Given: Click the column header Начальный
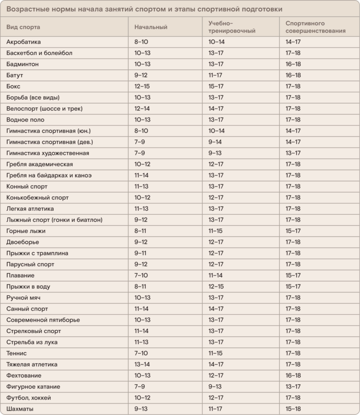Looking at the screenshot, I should click(151, 27).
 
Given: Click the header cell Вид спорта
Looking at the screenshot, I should click(23, 27).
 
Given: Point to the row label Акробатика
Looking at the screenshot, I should click(24, 42).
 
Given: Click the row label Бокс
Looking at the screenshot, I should click(13, 86).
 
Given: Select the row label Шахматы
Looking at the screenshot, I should click(20, 409).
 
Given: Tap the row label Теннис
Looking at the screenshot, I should click(17, 353).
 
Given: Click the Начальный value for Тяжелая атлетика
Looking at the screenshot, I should click(142, 364).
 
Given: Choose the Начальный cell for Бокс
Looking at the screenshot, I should click(142, 86).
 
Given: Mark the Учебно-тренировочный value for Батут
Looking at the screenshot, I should click(216, 75).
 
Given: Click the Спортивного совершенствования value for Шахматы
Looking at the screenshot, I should click(293, 409).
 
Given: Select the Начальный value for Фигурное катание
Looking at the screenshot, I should click(139, 387).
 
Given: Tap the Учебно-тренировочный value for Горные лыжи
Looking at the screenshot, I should click(215, 231).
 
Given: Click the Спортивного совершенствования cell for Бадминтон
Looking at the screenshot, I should click(293, 64).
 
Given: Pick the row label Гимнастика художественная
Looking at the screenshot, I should click(48, 153).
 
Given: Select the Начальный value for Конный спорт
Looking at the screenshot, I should click(142, 186).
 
